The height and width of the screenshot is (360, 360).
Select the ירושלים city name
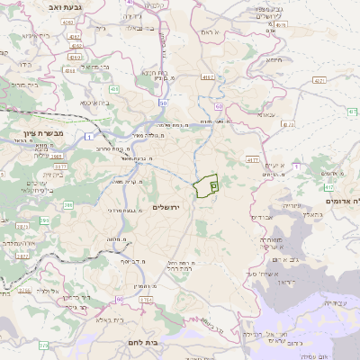(x=167, y=208)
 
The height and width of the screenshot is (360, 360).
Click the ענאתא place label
(x=265, y=114)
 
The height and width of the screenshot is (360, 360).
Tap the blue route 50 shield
(x=162, y=103)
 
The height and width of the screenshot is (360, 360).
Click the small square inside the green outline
(x=213, y=185)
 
